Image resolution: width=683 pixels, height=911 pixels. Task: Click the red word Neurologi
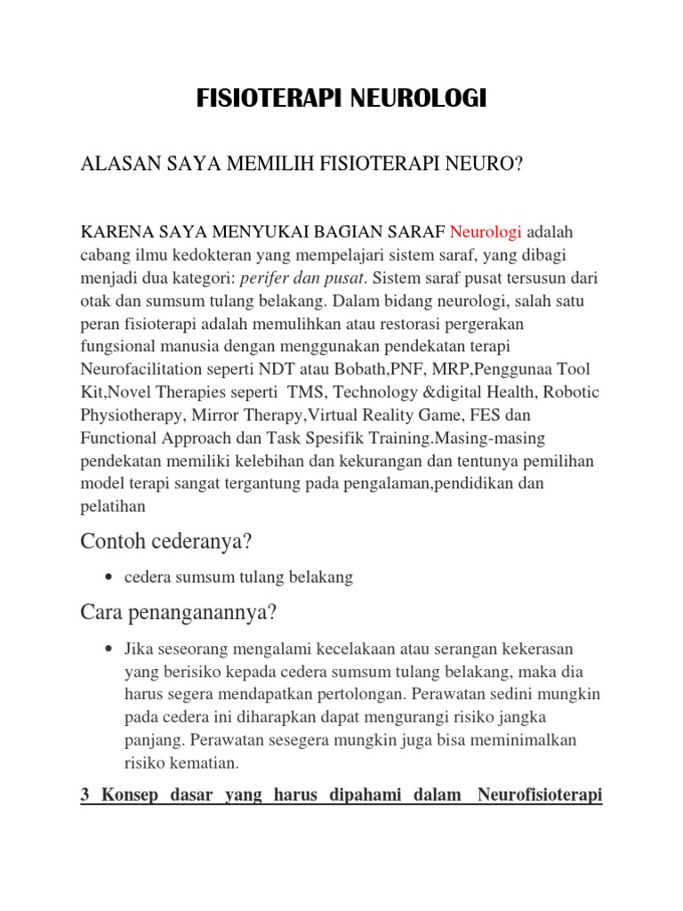486,233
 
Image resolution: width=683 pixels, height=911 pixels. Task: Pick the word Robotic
570,391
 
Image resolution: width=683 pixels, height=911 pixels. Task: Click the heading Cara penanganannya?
179,613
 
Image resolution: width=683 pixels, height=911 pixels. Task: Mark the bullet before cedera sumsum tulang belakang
108,578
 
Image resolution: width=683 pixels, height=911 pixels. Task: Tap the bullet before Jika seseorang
108,649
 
